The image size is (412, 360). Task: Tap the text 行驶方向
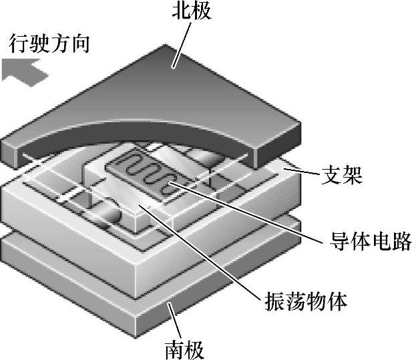pos(50,45)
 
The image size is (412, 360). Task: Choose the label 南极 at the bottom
pos(185,349)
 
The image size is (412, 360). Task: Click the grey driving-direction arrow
pos(24,69)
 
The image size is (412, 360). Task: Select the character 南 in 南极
pos(173,349)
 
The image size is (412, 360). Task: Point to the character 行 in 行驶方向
pos(19,45)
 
